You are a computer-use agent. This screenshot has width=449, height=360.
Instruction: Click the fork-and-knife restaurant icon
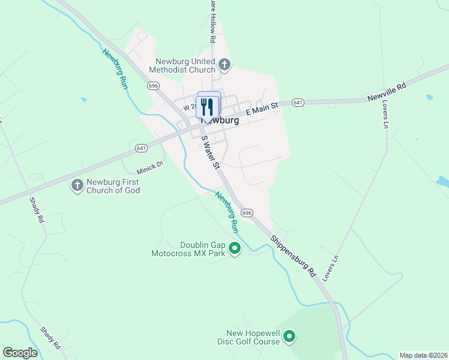[x=208, y=107]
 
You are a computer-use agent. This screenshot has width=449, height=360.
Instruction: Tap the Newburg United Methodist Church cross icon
[x=224, y=64]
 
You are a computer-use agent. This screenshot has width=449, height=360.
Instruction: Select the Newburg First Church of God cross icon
[x=77, y=186]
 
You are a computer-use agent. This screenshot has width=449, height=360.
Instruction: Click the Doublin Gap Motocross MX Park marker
[x=235, y=248]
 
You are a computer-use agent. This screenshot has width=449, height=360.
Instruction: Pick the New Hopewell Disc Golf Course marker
[x=289, y=337]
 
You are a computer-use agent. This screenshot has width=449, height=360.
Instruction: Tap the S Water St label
[x=209, y=153]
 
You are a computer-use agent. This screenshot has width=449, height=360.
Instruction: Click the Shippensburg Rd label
[x=292, y=254]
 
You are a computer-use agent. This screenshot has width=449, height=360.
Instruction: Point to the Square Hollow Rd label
[x=212, y=21]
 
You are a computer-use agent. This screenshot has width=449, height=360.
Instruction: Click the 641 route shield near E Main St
[x=298, y=103]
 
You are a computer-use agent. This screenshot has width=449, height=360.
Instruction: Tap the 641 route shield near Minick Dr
[x=141, y=148]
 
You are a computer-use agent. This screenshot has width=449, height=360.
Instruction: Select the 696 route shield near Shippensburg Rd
[x=247, y=213]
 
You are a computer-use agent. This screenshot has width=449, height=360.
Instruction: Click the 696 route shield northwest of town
[x=154, y=86]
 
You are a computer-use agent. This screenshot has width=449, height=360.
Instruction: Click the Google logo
[x=20, y=353]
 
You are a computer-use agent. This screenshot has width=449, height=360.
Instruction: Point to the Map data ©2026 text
[x=423, y=355]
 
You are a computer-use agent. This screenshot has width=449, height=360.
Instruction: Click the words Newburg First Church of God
[x=113, y=186]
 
